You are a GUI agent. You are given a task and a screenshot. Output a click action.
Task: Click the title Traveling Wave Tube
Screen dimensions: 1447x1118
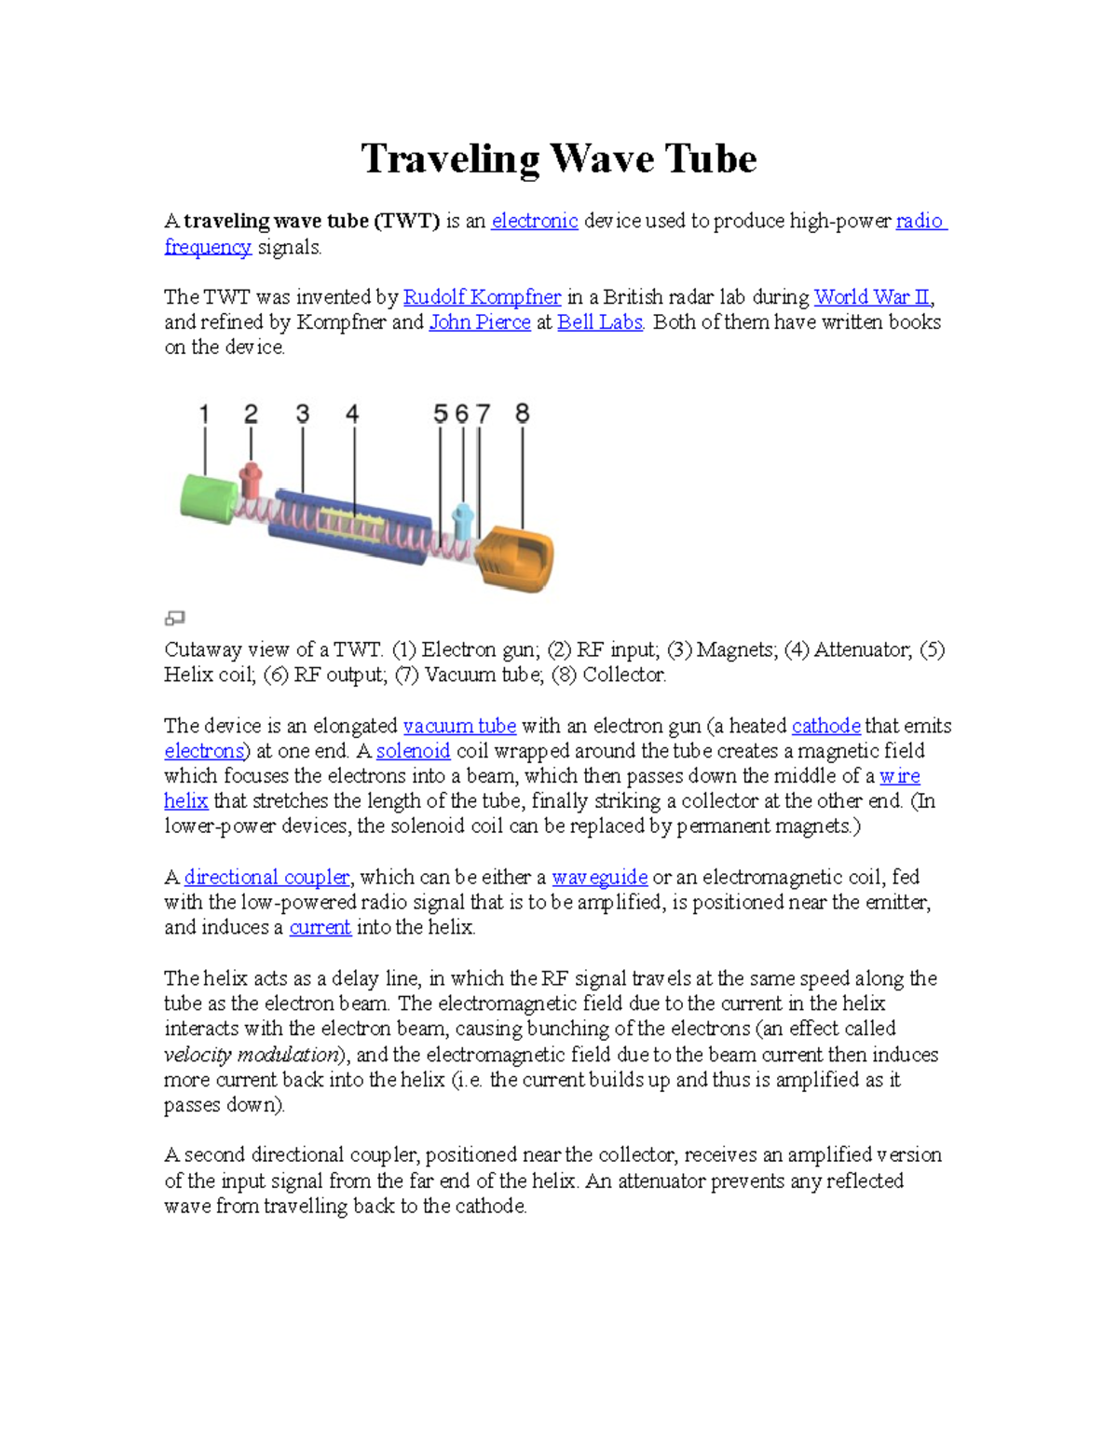click(x=558, y=158)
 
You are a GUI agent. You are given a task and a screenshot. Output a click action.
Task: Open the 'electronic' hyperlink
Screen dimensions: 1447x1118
click(x=534, y=221)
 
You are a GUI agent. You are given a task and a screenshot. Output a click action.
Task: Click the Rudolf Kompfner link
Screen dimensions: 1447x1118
click(x=482, y=297)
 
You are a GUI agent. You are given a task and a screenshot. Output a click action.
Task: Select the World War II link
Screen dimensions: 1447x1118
click(x=871, y=297)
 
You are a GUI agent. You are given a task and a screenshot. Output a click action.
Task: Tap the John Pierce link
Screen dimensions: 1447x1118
click(x=479, y=322)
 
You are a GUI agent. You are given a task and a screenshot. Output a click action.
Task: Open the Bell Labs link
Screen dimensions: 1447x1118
click(x=599, y=322)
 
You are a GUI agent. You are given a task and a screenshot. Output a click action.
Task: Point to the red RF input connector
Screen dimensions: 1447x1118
click(x=250, y=479)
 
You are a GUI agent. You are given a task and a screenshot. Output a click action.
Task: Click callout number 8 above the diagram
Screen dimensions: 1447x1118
click(x=522, y=414)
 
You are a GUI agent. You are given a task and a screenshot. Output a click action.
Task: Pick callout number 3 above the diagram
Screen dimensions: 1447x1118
click(x=303, y=414)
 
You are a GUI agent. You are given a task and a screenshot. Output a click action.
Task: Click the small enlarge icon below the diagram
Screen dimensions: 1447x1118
click(x=174, y=618)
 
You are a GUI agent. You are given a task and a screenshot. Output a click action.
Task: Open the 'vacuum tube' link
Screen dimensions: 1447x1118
click(x=459, y=726)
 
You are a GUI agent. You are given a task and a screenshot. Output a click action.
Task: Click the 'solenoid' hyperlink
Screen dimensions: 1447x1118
click(x=413, y=751)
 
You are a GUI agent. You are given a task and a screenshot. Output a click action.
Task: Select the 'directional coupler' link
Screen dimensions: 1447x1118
click(x=266, y=877)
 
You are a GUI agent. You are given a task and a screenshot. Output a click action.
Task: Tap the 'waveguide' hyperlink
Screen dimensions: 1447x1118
click(x=599, y=877)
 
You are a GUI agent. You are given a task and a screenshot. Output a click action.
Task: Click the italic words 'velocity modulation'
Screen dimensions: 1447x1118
click(x=251, y=1055)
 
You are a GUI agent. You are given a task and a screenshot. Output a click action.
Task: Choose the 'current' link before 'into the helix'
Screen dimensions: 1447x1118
click(x=320, y=927)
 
